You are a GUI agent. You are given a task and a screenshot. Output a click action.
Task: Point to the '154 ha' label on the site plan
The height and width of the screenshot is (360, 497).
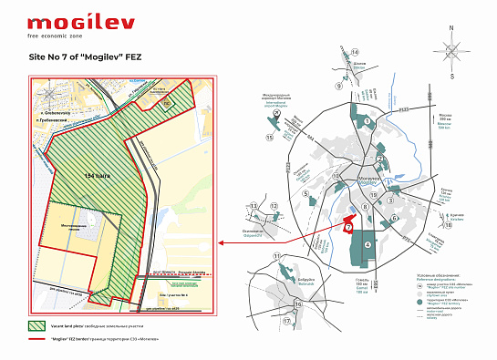(x=97, y=174)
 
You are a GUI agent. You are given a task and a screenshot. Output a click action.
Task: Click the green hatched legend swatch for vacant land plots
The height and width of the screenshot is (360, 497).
(x=38, y=324)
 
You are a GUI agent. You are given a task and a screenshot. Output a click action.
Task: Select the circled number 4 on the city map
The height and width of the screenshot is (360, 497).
(x=368, y=245)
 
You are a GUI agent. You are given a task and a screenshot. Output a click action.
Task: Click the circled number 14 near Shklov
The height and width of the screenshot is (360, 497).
(x=355, y=53)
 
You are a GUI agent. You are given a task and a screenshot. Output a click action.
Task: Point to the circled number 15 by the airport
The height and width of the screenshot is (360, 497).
(x=270, y=137)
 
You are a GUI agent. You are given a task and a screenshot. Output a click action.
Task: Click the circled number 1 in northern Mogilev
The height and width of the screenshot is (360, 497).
(x=367, y=121)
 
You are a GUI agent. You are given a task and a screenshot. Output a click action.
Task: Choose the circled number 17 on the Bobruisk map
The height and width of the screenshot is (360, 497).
(x=286, y=322)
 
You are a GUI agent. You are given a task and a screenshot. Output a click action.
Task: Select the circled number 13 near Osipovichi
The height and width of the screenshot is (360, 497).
(x=253, y=208)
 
